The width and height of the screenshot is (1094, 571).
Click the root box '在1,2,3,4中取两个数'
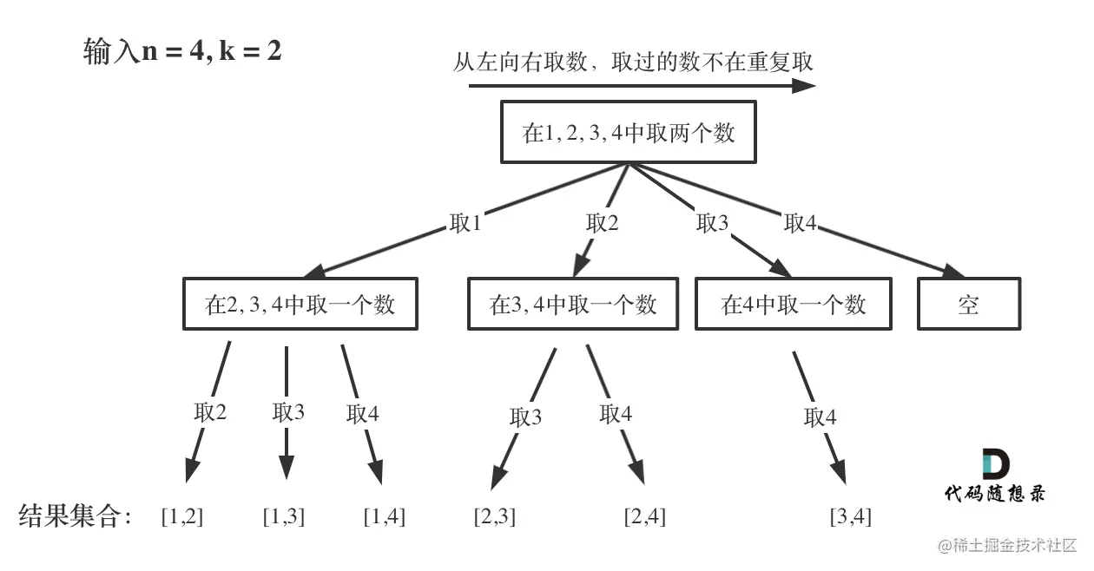click(x=628, y=132)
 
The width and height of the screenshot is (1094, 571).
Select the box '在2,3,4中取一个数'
click(x=300, y=305)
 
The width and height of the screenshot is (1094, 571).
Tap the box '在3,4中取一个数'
click(x=573, y=305)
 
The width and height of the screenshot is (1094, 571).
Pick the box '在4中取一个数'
click(x=794, y=305)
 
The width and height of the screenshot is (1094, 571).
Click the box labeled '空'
click(x=969, y=305)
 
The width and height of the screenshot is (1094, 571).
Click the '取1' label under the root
click(x=465, y=223)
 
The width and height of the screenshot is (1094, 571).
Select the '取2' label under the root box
click(x=603, y=223)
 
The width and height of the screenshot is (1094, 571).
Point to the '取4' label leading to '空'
click(x=800, y=223)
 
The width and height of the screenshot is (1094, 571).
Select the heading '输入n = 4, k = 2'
click(x=182, y=53)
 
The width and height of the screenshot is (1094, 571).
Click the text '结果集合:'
click(x=76, y=517)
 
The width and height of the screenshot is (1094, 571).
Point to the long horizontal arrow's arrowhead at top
click(x=804, y=86)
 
